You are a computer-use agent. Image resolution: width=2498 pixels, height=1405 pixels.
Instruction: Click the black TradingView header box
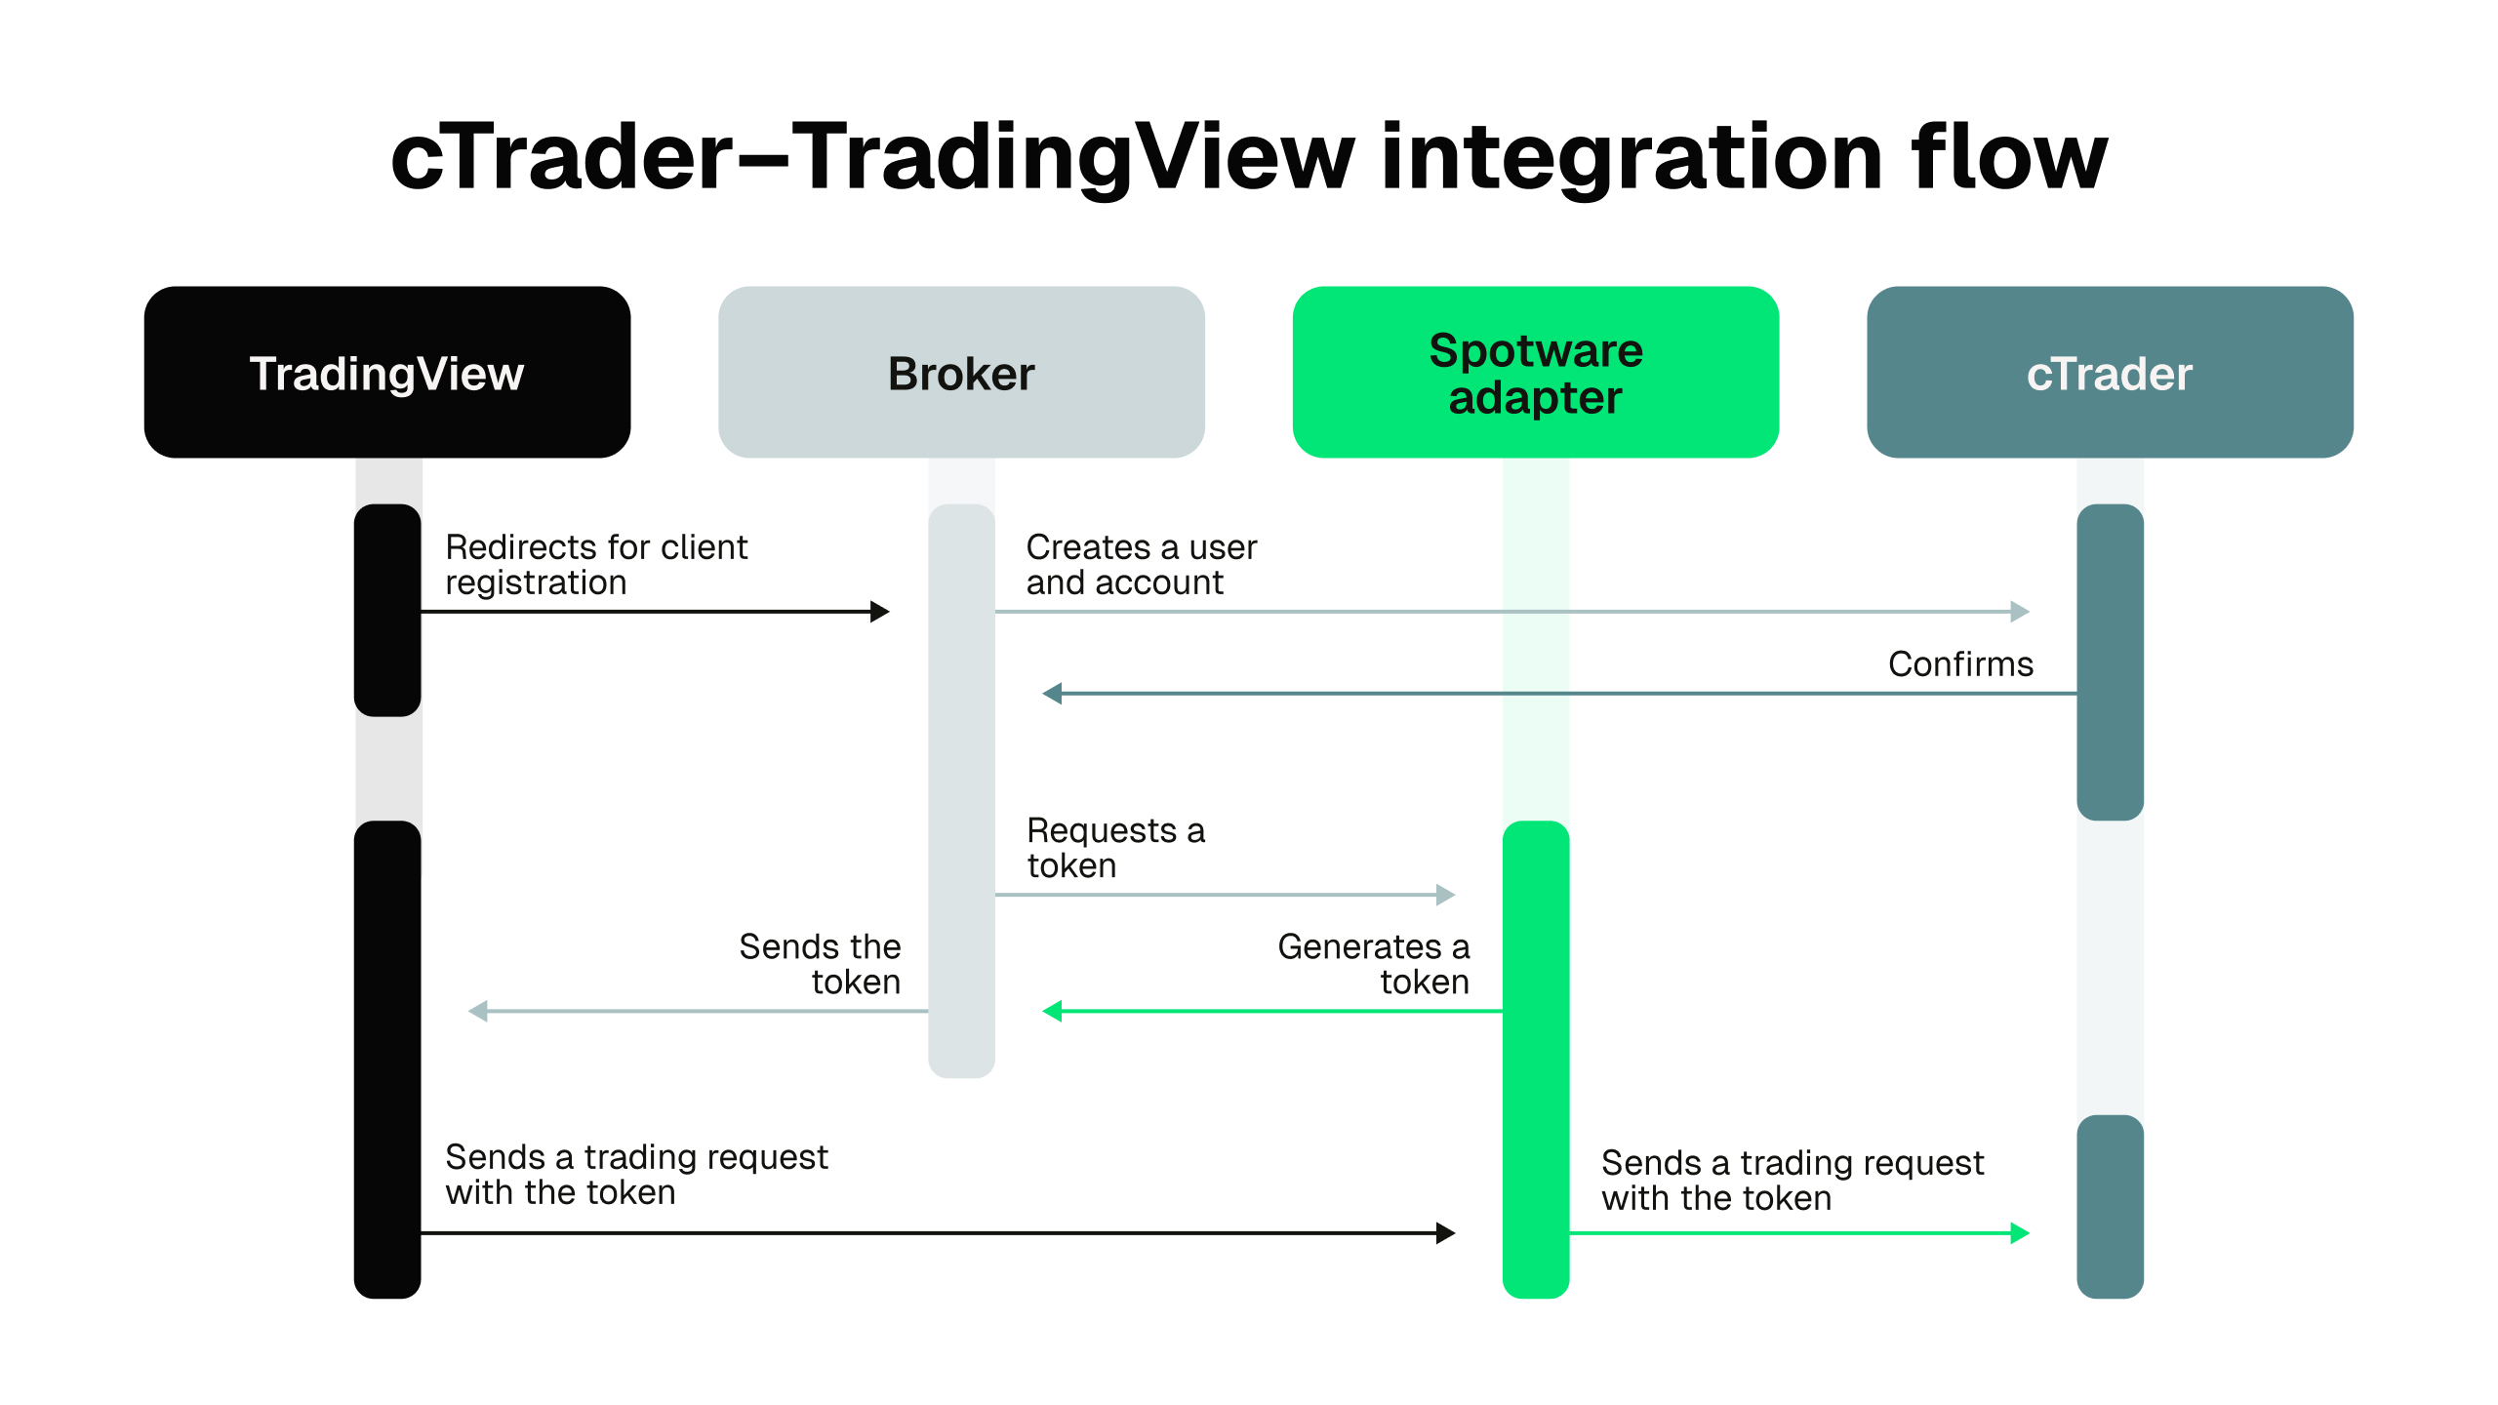click(387, 372)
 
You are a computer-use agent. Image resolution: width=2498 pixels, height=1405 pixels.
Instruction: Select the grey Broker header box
click(961, 372)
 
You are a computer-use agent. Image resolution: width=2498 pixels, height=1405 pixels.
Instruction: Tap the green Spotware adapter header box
click(1535, 372)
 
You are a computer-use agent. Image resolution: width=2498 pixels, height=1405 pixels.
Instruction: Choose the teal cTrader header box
click(2110, 372)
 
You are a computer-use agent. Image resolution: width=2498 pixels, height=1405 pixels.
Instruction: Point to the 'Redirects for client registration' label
click(595, 564)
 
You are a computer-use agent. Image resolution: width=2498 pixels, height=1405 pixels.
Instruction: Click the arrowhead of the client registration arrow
click(880, 612)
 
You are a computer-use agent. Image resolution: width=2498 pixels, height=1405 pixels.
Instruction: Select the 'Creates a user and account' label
click(1141, 564)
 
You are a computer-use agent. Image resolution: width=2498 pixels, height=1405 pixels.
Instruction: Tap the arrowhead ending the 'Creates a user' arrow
click(2020, 612)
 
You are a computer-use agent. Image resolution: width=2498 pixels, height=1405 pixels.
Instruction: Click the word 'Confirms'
click(1960, 663)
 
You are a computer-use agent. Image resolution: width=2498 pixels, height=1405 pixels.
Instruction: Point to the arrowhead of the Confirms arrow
click(1052, 694)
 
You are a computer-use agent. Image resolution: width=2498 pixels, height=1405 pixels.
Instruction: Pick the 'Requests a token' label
click(1115, 847)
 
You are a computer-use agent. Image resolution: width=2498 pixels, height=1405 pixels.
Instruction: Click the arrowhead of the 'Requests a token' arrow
click(1446, 895)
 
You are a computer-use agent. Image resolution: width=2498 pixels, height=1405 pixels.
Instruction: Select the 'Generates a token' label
click(1373, 963)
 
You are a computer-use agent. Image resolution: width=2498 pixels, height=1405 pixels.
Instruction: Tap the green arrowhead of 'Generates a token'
click(1052, 1012)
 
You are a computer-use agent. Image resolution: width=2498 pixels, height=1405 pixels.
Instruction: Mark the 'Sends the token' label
click(820, 963)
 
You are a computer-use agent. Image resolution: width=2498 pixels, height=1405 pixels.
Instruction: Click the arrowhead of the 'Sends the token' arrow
click(478, 1012)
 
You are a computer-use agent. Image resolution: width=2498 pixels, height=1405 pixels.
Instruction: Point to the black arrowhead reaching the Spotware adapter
click(1446, 1233)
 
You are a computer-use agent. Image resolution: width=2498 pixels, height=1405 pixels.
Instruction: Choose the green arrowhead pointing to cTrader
click(2020, 1233)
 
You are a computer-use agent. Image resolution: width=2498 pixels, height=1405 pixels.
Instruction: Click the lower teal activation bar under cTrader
click(2110, 1206)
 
